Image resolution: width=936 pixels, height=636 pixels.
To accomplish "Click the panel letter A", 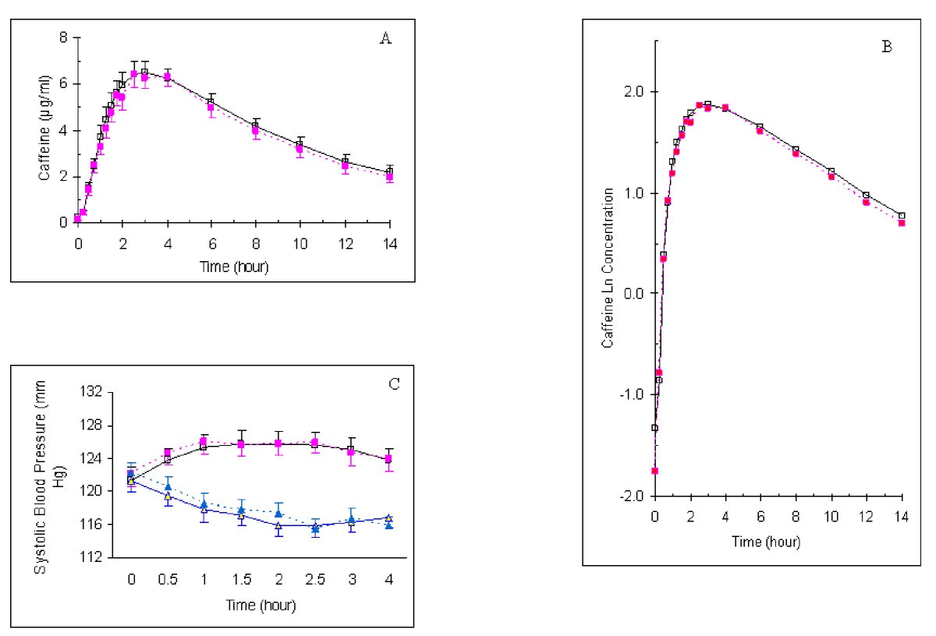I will [x=384, y=40].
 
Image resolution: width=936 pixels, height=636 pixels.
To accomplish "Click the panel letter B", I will [x=886, y=46].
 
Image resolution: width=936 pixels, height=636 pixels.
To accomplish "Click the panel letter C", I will [x=394, y=383].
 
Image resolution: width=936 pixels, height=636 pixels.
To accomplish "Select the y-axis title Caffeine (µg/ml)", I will [x=44, y=129].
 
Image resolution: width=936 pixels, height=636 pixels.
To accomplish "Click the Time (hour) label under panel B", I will [x=778, y=540].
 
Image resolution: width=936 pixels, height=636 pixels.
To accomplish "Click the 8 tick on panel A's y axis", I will [x=63, y=37].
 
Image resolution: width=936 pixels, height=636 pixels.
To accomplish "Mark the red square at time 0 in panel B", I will [x=655, y=471].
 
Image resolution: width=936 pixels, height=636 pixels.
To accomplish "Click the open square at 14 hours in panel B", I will [x=902, y=216].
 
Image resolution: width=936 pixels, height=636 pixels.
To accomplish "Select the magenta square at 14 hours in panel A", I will [x=389, y=177].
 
